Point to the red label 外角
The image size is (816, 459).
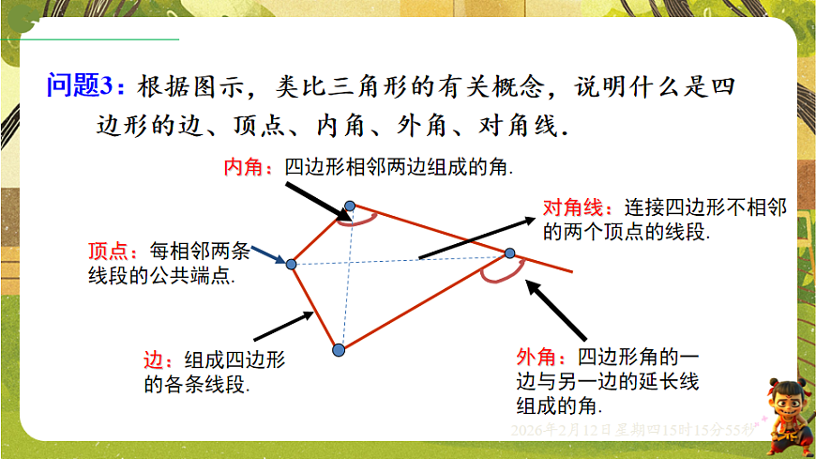[x=535, y=358]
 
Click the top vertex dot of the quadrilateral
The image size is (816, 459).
[x=350, y=206]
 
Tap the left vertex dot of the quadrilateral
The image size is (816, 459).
[x=291, y=265]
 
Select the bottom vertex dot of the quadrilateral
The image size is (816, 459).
[x=339, y=350]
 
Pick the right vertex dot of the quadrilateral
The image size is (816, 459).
[x=510, y=253]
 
